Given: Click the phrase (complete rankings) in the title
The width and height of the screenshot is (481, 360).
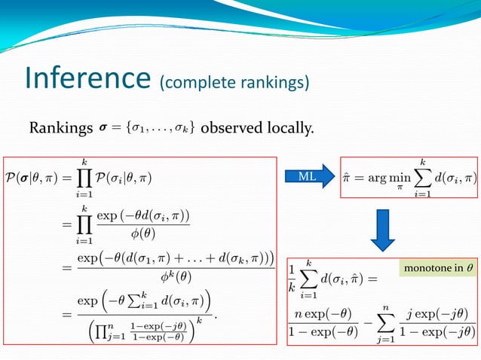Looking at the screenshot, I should tap(234, 81).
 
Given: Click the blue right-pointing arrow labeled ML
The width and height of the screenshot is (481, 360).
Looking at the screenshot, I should tap(311, 177).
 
